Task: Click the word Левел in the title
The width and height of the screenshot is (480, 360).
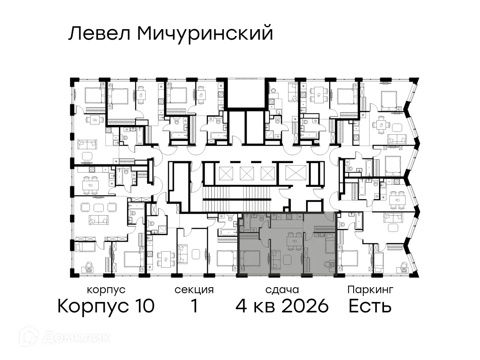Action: (100, 34)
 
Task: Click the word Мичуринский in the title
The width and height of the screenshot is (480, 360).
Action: (205, 34)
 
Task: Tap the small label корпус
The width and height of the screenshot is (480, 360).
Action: (106, 290)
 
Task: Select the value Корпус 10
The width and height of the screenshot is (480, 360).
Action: (106, 306)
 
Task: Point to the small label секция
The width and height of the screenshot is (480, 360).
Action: (194, 290)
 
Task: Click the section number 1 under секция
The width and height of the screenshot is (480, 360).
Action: (194, 306)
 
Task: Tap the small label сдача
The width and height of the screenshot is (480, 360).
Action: (282, 290)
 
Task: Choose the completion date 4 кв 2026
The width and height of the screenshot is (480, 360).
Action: (282, 306)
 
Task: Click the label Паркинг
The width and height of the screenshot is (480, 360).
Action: (370, 290)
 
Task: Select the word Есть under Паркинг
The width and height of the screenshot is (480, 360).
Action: (370, 306)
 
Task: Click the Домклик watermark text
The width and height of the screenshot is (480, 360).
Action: (76, 337)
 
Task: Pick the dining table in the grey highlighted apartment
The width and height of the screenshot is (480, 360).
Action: (294, 240)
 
